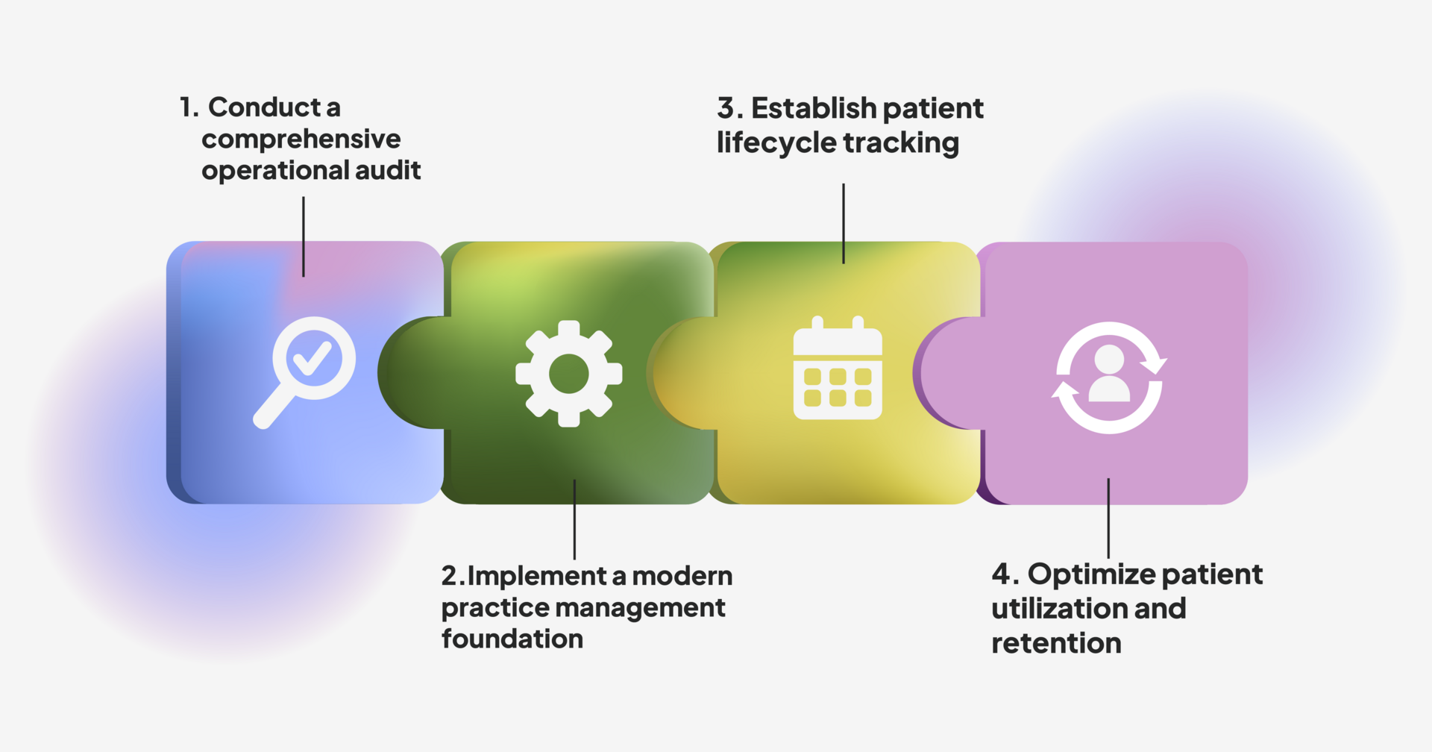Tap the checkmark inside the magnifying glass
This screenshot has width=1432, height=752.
coord(313,358)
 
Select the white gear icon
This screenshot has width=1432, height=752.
coord(569,374)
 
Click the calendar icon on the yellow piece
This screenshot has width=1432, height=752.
coord(838,369)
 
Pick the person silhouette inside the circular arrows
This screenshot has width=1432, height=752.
coord(1109,374)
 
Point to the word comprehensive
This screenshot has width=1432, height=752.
coord(301,140)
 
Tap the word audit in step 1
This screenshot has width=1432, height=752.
coord(388,171)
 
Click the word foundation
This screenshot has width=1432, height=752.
coord(512,639)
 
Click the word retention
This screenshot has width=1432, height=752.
coord(1056,643)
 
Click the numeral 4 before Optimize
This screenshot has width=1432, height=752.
coord(1001,574)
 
